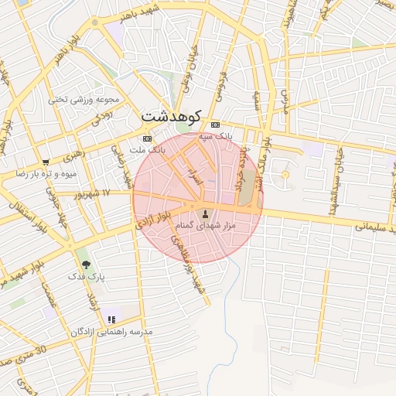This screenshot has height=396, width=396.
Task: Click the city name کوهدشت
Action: point(171,115)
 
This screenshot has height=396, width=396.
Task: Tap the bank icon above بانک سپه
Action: point(214,125)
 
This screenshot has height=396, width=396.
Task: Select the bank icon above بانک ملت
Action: point(148,138)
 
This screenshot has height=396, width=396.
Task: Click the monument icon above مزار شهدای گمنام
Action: point(205,213)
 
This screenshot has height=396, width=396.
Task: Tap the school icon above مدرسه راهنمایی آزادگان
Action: point(112,319)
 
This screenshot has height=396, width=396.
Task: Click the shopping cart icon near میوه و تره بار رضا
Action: point(46,162)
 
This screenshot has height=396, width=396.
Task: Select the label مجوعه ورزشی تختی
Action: point(84,99)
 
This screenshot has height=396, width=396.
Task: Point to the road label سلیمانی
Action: point(375,227)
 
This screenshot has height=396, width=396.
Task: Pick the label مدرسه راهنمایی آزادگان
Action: point(112,331)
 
